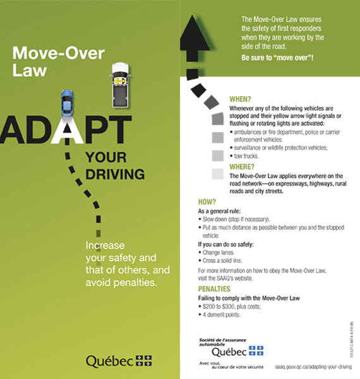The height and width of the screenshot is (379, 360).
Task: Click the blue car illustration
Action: (68, 101)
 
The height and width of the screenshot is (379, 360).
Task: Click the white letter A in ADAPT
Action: (74, 130)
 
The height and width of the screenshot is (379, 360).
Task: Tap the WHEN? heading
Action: (241, 100)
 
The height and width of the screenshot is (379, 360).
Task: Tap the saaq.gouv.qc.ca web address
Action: (313, 366)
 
